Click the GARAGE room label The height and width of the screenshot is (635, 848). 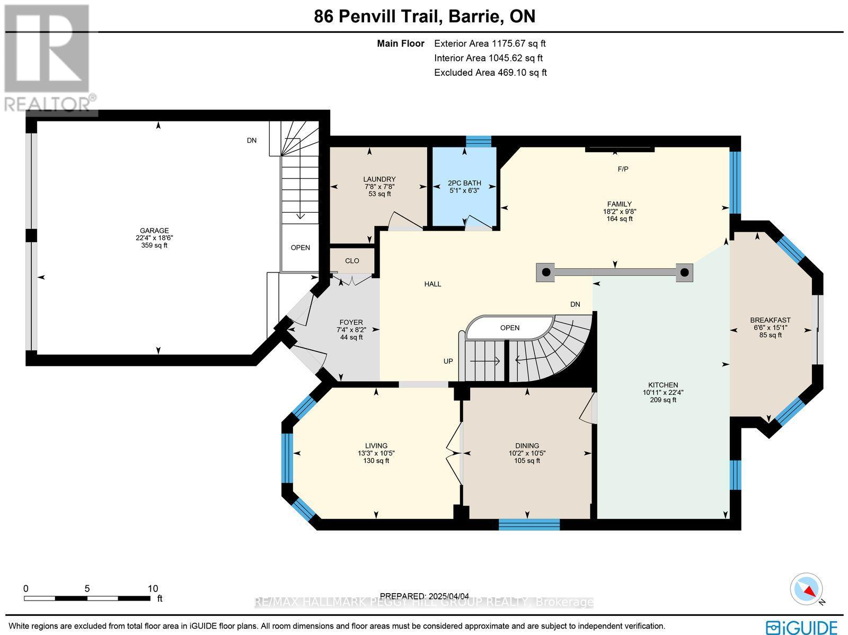pyautogui.click(x=154, y=231)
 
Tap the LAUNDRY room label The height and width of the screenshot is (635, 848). pyautogui.click(x=379, y=179)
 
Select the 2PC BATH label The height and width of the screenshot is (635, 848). pyautogui.click(x=464, y=183)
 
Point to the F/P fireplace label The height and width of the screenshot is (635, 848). pyautogui.click(x=623, y=169)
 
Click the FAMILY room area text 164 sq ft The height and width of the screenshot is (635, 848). pyautogui.click(x=620, y=218)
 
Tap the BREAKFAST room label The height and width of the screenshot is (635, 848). pyautogui.click(x=770, y=320)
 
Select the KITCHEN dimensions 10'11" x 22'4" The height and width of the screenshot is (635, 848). pyautogui.click(x=663, y=393)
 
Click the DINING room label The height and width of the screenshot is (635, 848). pyautogui.click(x=527, y=446)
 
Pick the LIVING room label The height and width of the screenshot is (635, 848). pyautogui.click(x=376, y=446)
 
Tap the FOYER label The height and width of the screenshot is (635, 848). pyautogui.click(x=351, y=322)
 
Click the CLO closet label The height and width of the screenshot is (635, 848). pyautogui.click(x=352, y=261)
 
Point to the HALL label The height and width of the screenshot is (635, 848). pyautogui.click(x=432, y=284)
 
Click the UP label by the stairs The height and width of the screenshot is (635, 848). pyautogui.click(x=448, y=361)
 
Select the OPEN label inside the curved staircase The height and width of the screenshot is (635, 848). pyautogui.click(x=510, y=328)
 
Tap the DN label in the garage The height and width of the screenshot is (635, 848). pyautogui.click(x=252, y=140)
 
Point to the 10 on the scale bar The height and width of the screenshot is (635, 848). pyautogui.click(x=153, y=588)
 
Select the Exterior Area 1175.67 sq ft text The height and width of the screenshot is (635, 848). pyautogui.click(x=490, y=44)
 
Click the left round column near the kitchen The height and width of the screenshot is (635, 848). pyautogui.click(x=546, y=272)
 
